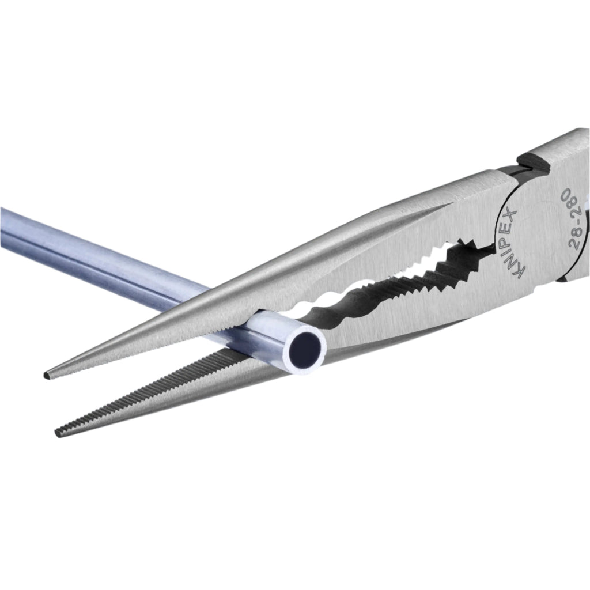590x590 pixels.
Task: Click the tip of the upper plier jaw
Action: coord(46,375)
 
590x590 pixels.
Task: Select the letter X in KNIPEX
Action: coord(512,213)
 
